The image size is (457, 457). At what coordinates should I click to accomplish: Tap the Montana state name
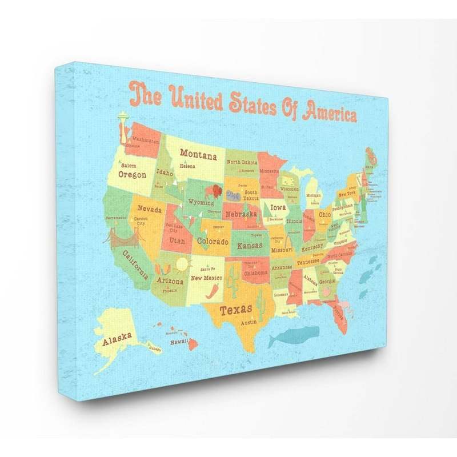[198, 154]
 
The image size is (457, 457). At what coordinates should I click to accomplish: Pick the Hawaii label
[179, 342]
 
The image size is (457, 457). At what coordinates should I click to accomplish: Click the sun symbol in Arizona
[182, 264]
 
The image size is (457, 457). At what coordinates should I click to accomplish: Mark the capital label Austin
[248, 323]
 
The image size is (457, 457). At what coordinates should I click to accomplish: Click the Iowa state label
[278, 208]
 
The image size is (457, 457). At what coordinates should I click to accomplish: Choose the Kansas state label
[250, 246]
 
